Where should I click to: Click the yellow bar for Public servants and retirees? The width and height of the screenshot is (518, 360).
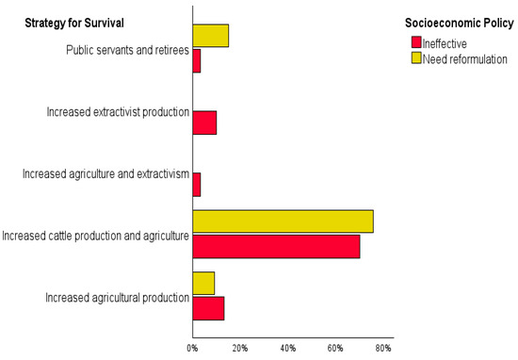point(210,36)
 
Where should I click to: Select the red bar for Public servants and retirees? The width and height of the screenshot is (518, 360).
point(196,61)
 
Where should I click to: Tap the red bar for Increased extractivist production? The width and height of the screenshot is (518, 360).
point(204,123)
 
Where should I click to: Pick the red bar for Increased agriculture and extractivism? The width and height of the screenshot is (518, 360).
point(196,184)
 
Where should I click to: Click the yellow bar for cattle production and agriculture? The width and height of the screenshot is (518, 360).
point(283,221)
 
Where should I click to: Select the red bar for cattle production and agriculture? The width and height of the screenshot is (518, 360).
point(276,247)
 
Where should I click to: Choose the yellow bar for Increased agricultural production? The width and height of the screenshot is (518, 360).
point(203,283)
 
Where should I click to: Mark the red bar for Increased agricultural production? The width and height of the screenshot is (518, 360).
point(208,308)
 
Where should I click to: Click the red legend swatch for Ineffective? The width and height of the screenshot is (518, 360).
point(416,43)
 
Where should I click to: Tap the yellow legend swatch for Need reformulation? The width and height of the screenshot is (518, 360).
point(416,58)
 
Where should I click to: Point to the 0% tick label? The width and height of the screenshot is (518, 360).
point(192,349)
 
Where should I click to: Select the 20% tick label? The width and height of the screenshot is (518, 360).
point(240,349)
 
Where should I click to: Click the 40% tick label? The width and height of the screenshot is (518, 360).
point(288,349)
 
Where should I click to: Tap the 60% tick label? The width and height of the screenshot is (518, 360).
point(335,349)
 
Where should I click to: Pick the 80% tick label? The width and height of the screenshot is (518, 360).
point(383,349)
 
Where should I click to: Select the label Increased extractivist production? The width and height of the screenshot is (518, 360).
point(118,112)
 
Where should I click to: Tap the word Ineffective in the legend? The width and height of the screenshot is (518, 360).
point(447,43)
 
